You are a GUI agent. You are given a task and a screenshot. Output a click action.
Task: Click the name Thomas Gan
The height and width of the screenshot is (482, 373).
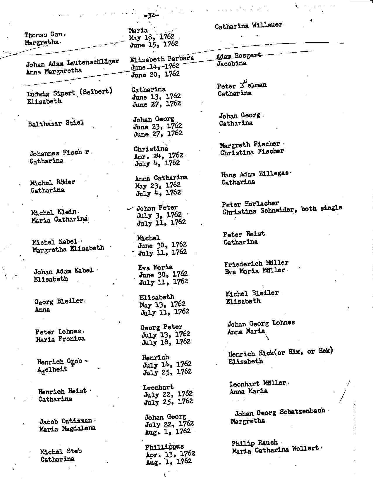44,35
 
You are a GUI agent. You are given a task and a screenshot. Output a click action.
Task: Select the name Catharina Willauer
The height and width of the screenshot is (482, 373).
248,26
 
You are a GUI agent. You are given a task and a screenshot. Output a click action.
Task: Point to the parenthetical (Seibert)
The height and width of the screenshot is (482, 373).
95,91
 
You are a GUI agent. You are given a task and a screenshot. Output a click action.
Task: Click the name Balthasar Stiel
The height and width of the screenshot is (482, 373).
56,123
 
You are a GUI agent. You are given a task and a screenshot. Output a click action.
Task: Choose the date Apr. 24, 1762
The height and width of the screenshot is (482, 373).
158,156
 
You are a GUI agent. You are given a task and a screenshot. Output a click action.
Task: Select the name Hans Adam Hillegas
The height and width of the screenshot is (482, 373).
255,174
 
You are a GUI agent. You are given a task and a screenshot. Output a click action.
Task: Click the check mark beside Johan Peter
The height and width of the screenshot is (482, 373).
129,209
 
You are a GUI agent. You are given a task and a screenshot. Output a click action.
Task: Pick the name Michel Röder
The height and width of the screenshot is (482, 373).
52,182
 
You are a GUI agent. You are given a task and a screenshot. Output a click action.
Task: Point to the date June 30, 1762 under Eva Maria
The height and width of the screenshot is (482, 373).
163,275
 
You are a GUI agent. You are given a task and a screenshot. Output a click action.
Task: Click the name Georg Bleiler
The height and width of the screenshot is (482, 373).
59,301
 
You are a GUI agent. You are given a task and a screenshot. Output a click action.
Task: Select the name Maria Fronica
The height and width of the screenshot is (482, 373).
60,339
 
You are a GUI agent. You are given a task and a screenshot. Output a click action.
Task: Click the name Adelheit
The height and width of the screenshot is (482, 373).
52,370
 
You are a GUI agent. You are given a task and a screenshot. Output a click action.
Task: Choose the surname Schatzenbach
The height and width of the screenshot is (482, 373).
302,411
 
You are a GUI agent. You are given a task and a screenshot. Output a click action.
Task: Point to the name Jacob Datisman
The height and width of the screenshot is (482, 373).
66,421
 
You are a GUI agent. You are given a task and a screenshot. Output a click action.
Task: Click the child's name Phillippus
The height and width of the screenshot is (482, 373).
164,447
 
